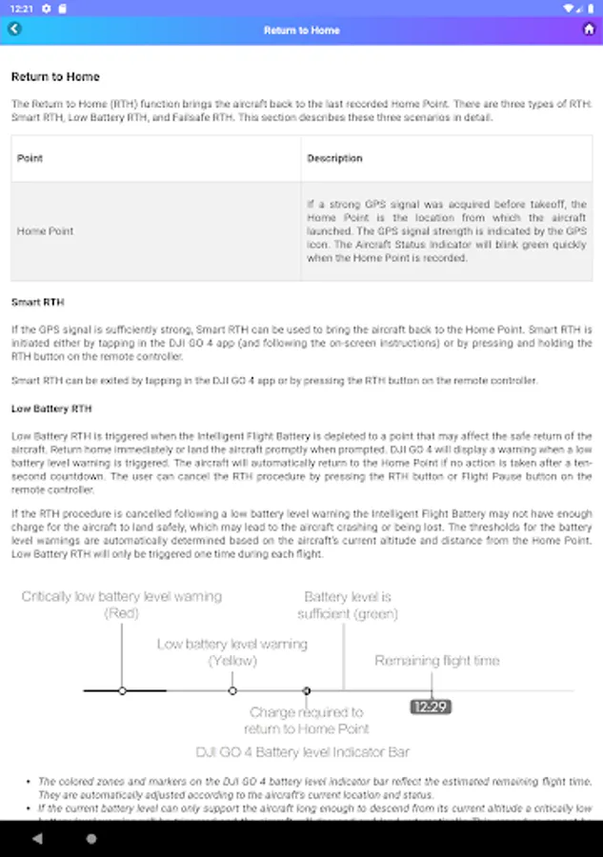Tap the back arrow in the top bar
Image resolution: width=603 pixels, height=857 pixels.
click(14, 30)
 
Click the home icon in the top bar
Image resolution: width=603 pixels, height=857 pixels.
click(589, 30)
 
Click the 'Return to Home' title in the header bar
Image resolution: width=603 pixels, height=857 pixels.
click(301, 30)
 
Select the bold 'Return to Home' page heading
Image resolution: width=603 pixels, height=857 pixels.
click(55, 77)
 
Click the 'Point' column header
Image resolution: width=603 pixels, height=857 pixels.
click(30, 158)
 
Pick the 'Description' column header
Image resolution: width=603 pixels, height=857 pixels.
click(334, 158)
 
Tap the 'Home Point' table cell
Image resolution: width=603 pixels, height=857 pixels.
click(45, 231)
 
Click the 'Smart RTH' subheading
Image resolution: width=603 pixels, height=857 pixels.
click(38, 303)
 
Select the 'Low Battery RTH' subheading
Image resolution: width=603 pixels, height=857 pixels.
click(51, 409)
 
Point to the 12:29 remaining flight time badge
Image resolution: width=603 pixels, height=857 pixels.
click(431, 707)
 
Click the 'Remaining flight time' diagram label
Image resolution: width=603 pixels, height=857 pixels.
click(437, 661)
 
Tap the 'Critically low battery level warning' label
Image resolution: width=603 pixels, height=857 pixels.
click(121, 605)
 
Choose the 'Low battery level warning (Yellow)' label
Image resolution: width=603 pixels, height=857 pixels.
click(232, 652)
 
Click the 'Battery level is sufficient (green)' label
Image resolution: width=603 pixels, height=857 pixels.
click(348, 605)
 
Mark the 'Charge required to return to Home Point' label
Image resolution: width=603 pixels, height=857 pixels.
click(307, 720)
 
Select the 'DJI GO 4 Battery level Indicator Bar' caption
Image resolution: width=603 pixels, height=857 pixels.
click(303, 752)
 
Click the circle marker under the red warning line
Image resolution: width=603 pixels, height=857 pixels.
click(122, 690)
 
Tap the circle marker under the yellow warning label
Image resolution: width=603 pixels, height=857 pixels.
click(232, 690)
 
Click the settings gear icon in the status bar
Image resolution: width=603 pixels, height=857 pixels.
click(46, 8)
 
